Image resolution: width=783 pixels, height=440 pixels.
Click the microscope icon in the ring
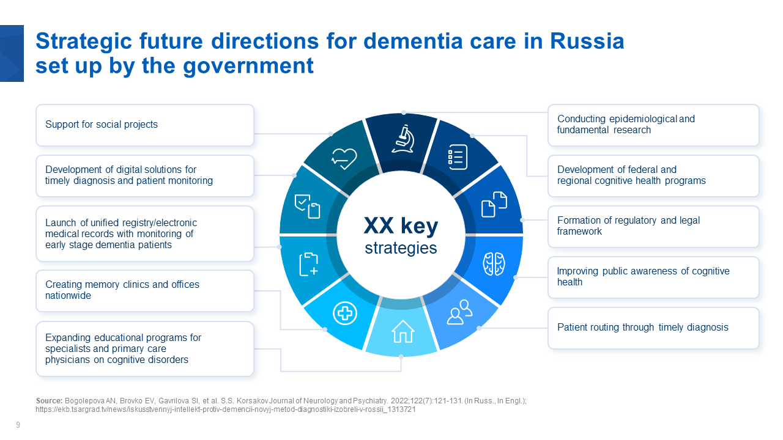tap(403, 139)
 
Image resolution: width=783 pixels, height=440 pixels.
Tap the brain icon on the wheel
tap(494, 263)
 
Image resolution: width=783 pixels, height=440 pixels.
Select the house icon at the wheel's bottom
tap(403, 331)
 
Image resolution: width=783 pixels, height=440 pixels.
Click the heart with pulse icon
tap(344, 158)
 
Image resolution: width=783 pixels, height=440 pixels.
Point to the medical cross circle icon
tap(344, 313)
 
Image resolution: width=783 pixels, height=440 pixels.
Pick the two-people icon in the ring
tap(459, 312)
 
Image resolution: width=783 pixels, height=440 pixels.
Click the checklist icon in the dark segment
tap(458, 157)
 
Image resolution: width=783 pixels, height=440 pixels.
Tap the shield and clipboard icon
tap(307, 207)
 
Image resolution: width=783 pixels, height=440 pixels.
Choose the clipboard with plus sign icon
tap(309, 264)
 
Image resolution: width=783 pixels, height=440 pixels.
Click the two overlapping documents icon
tap(494, 204)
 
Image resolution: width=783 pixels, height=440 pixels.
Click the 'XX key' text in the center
tap(401, 226)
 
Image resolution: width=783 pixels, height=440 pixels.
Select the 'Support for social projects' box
tap(145, 125)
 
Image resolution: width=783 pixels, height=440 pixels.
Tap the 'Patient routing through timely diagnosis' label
tap(642, 327)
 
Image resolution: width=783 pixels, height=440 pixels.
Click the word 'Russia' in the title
tap(587, 41)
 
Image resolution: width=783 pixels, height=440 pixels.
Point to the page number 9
tap(18, 425)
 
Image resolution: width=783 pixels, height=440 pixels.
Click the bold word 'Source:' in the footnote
tap(49, 400)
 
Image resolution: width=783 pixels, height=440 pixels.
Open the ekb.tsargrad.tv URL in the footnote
tap(226, 409)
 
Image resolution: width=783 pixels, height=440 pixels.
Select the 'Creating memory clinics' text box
tap(145, 290)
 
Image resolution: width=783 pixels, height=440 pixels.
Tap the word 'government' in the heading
tap(248, 66)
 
